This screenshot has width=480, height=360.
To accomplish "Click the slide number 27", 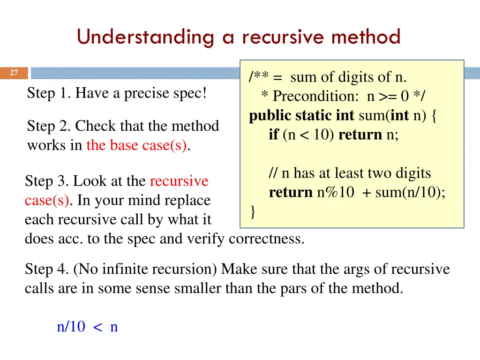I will click(x=14, y=73).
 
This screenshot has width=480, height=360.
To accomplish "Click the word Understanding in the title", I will click(x=145, y=37).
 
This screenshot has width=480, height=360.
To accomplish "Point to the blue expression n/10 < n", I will click(x=87, y=327).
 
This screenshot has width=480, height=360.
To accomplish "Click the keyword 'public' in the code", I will click(x=270, y=116).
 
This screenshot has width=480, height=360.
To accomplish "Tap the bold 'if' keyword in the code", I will click(x=273, y=135).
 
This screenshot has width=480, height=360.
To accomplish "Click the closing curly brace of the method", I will click(x=253, y=212).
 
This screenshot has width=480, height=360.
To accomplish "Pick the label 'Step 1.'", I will click(x=49, y=93).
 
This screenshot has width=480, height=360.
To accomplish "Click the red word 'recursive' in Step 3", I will click(x=179, y=181).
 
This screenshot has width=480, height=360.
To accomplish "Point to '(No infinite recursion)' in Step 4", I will click(x=145, y=269).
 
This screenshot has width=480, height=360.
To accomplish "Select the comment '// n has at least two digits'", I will click(x=350, y=173).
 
